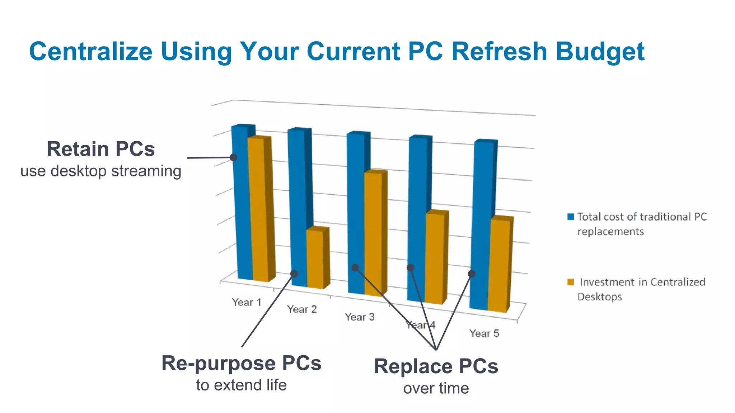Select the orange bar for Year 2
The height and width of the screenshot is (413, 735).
[315, 258]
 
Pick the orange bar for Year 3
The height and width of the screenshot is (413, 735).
[373, 233]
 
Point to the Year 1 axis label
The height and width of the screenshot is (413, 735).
[247, 302]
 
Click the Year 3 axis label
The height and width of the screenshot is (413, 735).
[360, 317]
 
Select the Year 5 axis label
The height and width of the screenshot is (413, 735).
[484, 333]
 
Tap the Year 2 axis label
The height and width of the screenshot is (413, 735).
[302, 309]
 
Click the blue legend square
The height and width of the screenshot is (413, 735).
[571, 217]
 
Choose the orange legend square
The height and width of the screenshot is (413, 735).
[571, 282]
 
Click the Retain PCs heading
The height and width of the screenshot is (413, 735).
[101, 149]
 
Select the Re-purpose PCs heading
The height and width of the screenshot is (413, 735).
[241, 363]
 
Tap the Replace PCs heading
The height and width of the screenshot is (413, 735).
[436, 366]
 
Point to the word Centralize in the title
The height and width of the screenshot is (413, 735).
[91, 51]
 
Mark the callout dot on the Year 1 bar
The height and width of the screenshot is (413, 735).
[234, 157]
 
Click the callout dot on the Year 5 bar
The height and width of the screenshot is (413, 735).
[472, 274]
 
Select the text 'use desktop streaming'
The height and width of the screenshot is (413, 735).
[101, 171]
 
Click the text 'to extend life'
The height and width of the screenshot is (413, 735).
[241, 385]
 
